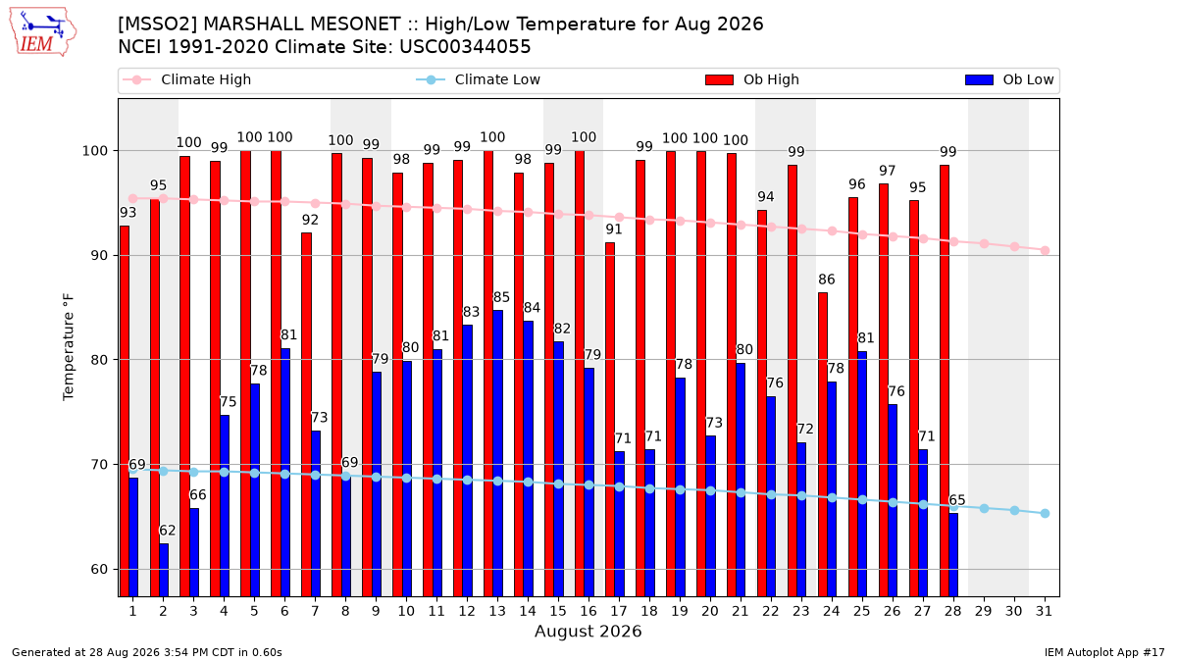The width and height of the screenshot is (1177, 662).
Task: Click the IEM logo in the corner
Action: point(43,31)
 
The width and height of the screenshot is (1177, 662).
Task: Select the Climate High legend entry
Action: point(187,79)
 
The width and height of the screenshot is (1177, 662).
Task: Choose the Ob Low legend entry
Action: point(1009,79)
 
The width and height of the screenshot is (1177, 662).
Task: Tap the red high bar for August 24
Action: point(823,444)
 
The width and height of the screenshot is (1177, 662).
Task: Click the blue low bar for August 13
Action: point(497,453)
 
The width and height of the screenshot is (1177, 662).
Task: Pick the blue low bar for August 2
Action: point(164,570)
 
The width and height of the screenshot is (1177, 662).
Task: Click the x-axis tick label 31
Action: point(1044,611)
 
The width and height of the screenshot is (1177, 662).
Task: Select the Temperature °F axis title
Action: point(69,347)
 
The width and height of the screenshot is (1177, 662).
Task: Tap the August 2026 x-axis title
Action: point(588,631)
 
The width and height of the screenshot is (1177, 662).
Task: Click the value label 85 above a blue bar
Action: point(501,297)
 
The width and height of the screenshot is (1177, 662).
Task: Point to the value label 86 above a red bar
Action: point(827,280)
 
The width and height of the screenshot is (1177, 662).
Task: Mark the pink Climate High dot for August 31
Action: point(1045,251)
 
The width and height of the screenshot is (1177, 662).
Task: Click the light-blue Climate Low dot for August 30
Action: point(1014,511)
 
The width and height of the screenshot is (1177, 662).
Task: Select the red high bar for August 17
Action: point(610,420)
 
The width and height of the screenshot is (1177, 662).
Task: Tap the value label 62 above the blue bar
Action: point(167,531)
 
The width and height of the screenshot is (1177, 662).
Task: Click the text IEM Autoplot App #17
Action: point(1104,652)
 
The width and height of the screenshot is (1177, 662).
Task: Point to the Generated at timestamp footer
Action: point(146,652)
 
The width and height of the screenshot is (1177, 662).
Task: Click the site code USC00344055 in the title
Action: point(465,47)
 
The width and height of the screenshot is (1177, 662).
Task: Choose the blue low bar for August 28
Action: point(953,555)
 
